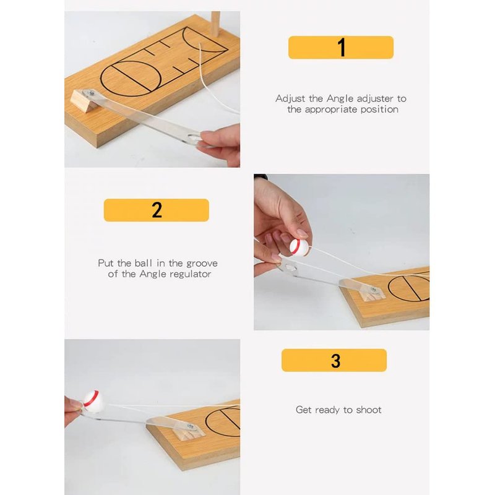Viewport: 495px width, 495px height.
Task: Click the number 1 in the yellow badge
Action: click(x=342, y=48)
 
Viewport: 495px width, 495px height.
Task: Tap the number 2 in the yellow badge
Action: click(x=157, y=210)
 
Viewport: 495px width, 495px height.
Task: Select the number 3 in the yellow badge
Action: click(x=335, y=361)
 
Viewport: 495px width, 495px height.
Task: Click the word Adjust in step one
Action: click(x=290, y=99)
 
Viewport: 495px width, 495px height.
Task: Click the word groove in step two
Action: click(x=202, y=264)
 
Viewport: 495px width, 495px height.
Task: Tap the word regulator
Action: click(x=190, y=274)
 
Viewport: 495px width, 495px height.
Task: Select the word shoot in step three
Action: click(x=368, y=410)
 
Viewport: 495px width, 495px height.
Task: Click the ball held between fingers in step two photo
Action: click(x=299, y=246)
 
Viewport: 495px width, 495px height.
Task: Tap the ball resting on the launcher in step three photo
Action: click(x=93, y=400)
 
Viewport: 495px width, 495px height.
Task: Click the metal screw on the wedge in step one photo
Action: click(x=92, y=93)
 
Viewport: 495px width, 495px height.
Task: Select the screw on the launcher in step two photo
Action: click(x=374, y=289)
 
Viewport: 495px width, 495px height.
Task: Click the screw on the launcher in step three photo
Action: click(x=191, y=426)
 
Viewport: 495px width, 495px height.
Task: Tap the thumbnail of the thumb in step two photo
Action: click(x=302, y=233)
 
